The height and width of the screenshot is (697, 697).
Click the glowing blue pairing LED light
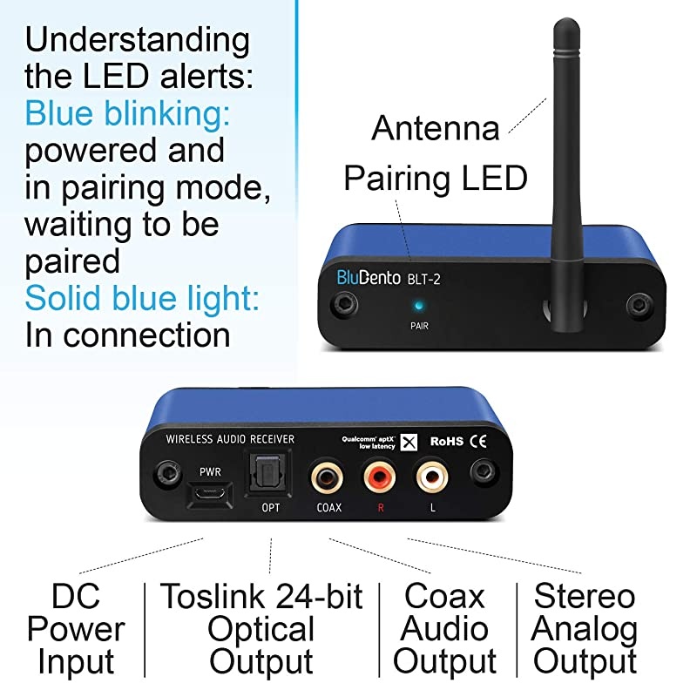pos(421,306)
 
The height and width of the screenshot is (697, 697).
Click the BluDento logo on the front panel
pos(369,279)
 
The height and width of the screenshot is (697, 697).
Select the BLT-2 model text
pos(431,280)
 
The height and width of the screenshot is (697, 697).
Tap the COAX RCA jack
pos(328,477)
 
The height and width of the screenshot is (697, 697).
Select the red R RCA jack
pos(380,477)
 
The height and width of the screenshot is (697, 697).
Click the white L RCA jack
pos(432,477)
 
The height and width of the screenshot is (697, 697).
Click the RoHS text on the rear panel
pos(445,442)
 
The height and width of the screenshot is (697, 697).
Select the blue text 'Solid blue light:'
pos(142,298)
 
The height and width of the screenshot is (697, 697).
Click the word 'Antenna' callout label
pos(436,128)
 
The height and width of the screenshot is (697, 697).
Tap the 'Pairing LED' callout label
pos(436,178)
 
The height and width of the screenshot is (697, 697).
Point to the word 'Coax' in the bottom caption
pos(444,597)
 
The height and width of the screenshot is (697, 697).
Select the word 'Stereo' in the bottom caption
pos(585,597)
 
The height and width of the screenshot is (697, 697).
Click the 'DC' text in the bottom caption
pos(75,597)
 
